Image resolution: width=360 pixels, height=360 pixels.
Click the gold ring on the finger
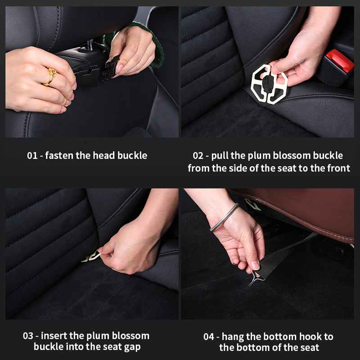50,77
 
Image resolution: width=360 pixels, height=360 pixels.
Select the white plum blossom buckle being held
269,84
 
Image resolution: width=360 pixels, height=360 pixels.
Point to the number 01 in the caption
32,156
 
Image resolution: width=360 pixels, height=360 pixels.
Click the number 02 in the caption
198,156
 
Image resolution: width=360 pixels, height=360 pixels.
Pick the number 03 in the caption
28,336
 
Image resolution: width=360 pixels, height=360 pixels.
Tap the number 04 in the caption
208,337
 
